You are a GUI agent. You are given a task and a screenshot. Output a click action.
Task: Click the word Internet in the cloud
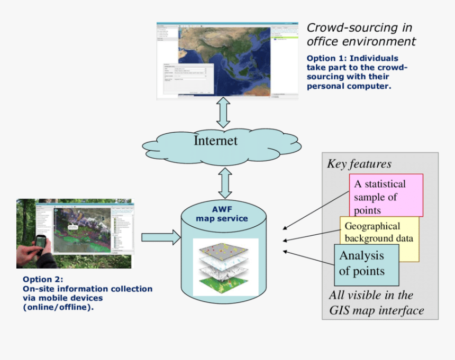pos(215,141)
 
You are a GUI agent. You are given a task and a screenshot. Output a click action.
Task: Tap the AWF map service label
pos(222,214)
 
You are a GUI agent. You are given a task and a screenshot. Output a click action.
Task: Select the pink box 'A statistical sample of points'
pos(386,196)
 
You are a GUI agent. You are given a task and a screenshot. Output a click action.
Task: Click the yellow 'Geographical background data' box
pos(378,232)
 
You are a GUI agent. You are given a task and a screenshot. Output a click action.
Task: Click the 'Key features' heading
pos(359,164)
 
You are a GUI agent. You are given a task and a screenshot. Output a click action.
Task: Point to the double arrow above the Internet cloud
pos(224,113)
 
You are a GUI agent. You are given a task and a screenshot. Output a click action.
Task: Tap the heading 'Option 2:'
pos(43,279)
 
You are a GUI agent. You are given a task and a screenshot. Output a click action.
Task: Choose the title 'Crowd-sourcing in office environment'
pos(361,34)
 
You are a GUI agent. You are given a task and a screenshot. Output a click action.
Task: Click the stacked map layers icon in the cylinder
pos(225,267)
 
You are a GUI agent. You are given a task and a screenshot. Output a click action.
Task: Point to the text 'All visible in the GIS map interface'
pos(376,303)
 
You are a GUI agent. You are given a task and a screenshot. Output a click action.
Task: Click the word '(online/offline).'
pos(58,307)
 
